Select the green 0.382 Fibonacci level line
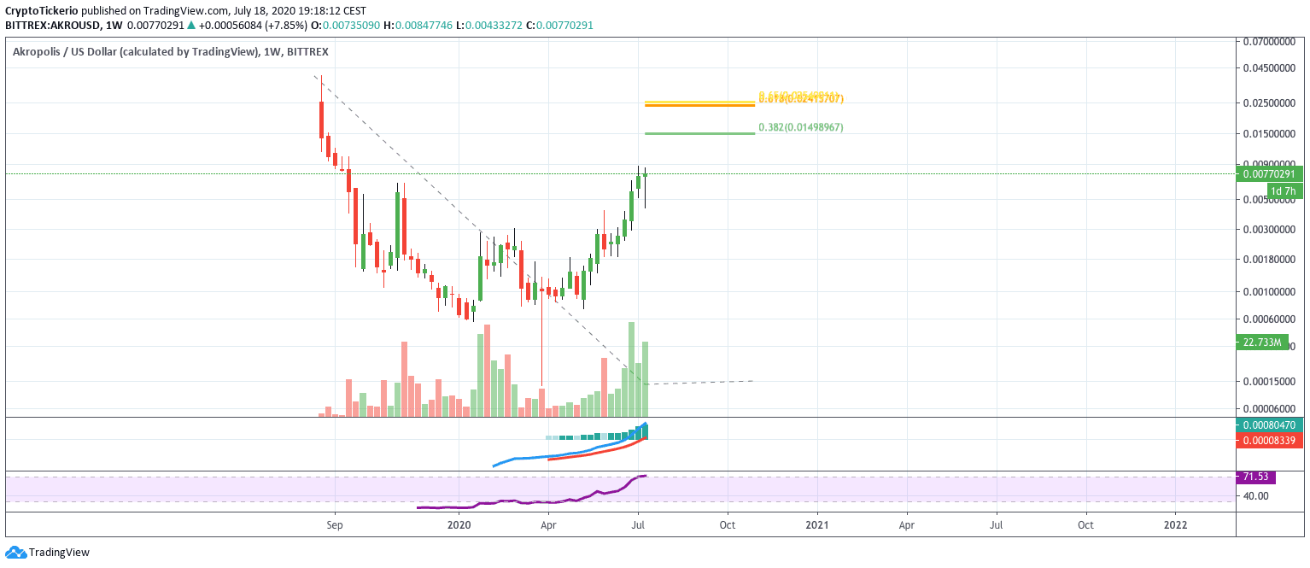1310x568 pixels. (699, 133)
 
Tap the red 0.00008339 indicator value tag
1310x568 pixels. (1269, 440)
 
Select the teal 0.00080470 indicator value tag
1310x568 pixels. (1269, 425)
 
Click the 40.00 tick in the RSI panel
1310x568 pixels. (1257, 495)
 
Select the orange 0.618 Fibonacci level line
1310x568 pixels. (699, 104)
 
